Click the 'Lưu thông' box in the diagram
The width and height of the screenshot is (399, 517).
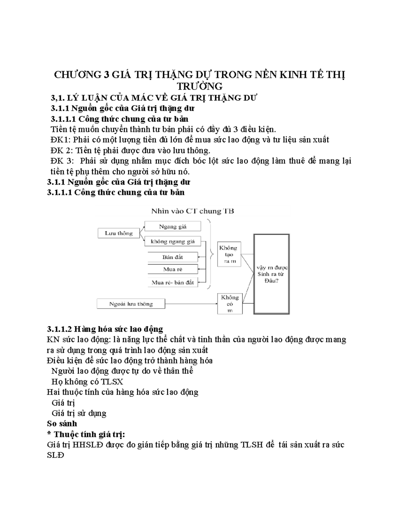point(118,233)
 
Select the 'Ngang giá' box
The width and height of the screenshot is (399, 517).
point(173,226)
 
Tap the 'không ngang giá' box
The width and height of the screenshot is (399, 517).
point(173,241)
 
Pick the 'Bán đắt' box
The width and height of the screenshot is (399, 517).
point(173,257)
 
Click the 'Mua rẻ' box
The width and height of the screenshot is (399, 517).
point(173,269)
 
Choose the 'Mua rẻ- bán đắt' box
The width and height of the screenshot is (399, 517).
point(173,282)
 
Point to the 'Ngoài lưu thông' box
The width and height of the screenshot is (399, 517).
point(131,304)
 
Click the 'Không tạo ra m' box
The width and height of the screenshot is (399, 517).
point(228,254)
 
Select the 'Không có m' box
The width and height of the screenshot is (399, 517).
point(230,304)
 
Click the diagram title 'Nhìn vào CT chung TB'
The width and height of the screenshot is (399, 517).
point(193,211)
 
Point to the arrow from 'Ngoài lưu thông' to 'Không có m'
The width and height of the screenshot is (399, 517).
point(191,304)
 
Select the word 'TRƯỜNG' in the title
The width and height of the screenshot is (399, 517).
point(199,86)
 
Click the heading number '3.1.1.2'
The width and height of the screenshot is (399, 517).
point(59,329)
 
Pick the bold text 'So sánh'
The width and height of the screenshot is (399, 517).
point(62,423)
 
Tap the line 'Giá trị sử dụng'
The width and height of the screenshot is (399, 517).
point(79,413)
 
